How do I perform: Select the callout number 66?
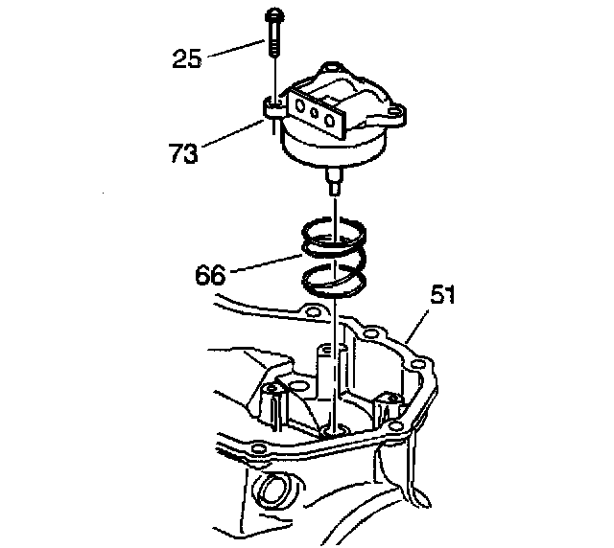[x=210, y=275]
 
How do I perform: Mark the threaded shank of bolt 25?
[x=275, y=42]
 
